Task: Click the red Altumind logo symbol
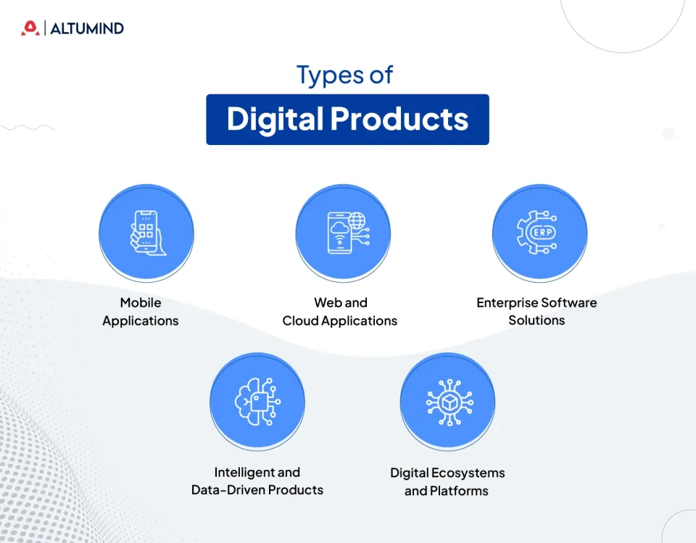(30, 28)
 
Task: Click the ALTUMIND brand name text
(87, 29)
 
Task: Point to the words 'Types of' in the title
(345, 75)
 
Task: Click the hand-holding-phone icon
(146, 232)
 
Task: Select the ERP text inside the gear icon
(542, 233)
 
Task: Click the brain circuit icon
(257, 401)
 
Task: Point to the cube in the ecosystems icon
(447, 401)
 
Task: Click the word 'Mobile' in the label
(141, 302)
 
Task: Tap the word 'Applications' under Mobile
(141, 320)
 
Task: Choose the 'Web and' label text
(340, 302)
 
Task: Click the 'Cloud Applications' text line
(340, 320)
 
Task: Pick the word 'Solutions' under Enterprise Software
(536, 320)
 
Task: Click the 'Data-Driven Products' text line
(257, 490)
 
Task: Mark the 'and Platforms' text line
(447, 491)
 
